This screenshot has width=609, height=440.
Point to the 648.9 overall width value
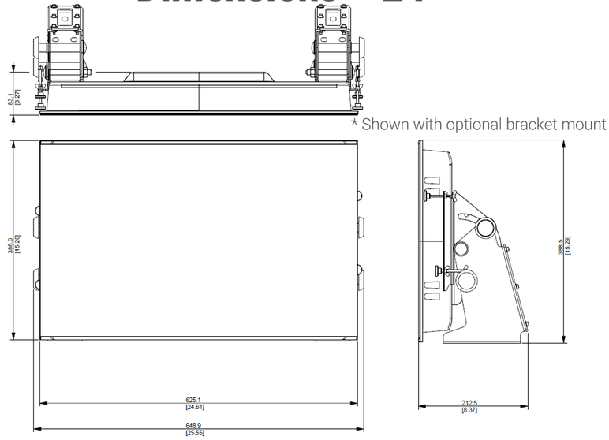(194, 426)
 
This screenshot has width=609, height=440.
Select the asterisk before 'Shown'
(355, 124)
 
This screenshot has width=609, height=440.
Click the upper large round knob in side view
(486, 229)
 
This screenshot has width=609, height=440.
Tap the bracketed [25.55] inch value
(194, 433)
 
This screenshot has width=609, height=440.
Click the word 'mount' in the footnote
(585, 125)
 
